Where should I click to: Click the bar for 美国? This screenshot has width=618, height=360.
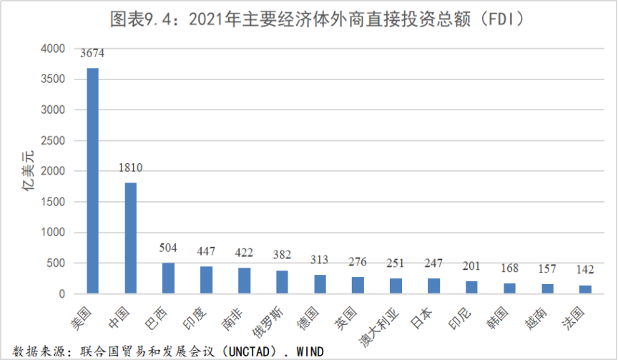coord(92,180)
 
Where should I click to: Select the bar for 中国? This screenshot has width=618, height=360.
coord(130,238)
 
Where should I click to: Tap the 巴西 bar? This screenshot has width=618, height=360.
coord(168,278)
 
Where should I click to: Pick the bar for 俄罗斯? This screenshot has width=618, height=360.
coord(282,282)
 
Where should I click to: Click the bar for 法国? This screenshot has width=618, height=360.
coord(584,289)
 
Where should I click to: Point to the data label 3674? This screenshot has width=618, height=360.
coord(92,54)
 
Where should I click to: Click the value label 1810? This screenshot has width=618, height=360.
coord(130,168)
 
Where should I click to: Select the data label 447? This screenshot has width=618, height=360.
coord(206,251)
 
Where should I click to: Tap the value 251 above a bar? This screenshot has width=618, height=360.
coord(396,263)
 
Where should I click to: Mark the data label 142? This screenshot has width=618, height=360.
coord(584,271)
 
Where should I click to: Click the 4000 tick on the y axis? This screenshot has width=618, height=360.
coord(53,49)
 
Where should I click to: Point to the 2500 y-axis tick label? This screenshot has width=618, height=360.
coord(53,140)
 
